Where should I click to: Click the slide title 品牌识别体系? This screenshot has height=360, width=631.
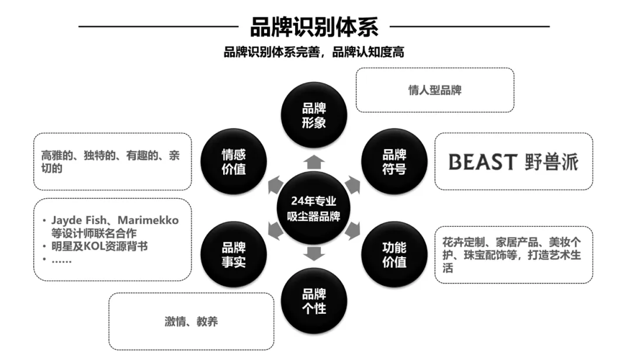(314, 27)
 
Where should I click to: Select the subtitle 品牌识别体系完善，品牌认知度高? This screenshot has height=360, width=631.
(314, 52)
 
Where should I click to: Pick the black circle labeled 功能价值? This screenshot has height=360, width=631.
(394, 254)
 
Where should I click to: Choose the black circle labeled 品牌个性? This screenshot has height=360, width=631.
(314, 301)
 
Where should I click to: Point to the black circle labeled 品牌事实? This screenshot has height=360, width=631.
(233, 254)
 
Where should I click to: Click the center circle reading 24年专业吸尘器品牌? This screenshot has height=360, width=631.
(314, 208)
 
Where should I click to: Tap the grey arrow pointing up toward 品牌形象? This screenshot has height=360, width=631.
(314, 161)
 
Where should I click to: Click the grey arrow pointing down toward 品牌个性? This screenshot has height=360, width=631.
(314, 254)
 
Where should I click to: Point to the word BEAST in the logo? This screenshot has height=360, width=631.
(483, 162)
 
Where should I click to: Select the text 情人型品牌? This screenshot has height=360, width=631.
(435, 91)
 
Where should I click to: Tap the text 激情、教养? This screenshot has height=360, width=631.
(191, 321)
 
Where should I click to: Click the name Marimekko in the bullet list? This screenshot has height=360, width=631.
(148, 220)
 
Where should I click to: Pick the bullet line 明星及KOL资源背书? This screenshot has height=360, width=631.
(99, 246)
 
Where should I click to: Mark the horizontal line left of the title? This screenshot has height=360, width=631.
(158, 26)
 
